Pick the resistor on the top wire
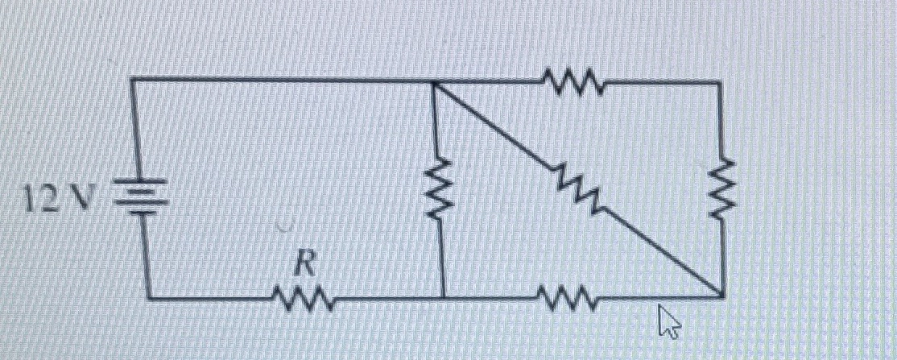click(573, 81)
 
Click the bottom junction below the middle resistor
click(442, 297)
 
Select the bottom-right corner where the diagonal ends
click(719, 297)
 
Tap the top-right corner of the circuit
click(718, 81)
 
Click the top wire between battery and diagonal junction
click(282, 80)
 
